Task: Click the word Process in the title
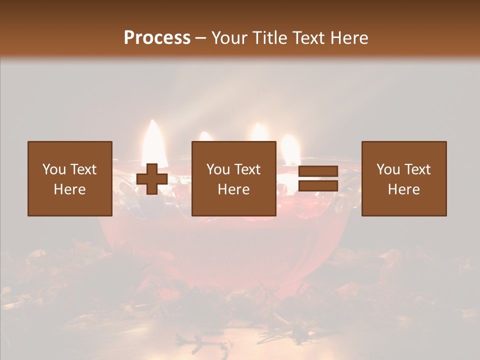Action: [x=157, y=38]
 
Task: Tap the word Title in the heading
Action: [x=272, y=38]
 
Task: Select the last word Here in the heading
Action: [x=348, y=38]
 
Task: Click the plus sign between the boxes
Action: [x=152, y=179]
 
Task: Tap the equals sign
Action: [x=318, y=179]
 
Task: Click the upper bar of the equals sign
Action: [x=318, y=171]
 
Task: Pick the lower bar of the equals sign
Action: [x=318, y=186]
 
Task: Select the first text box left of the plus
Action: [x=69, y=178]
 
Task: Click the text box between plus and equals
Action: [x=233, y=178]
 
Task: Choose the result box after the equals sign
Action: [x=403, y=178]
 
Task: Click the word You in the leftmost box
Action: [x=54, y=169]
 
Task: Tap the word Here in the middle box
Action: [x=233, y=189]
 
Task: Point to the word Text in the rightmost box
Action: [x=417, y=169]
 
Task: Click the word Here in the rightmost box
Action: [x=403, y=189]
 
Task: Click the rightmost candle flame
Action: [x=290, y=149]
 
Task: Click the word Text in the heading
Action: [x=308, y=38]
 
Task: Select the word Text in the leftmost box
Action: [x=83, y=169]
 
